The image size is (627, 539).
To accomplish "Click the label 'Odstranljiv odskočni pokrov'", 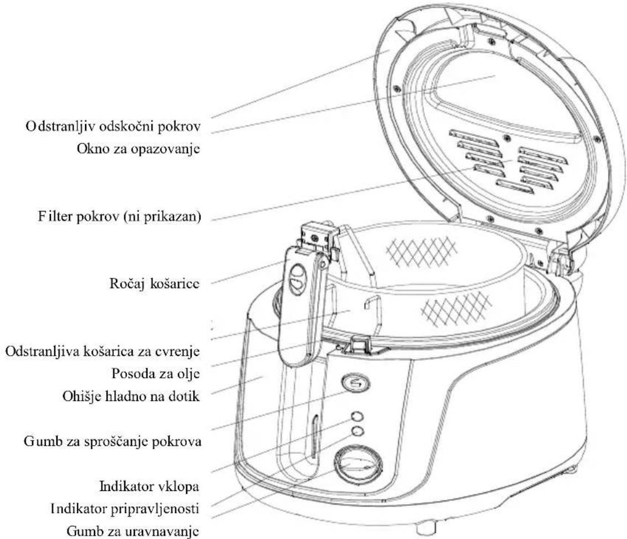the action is (x=113, y=127).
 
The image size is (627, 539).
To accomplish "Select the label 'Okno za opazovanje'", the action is (x=138, y=149).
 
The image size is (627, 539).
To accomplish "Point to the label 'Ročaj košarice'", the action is (x=154, y=284).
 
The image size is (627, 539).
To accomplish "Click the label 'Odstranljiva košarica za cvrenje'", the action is (x=102, y=352).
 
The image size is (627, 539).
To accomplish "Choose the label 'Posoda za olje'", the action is (x=156, y=374).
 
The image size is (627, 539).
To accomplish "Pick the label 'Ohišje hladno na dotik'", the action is (x=131, y=397).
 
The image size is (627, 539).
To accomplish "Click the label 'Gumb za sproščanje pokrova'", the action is (x=112, y=442).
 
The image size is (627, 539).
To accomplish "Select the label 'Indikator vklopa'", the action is (x=149, y=487).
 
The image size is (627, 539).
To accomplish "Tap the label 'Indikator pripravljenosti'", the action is (x=125, y=509).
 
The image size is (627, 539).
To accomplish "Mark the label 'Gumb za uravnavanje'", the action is (x=133, y=531).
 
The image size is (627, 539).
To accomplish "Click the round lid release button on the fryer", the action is (x=356, y=383).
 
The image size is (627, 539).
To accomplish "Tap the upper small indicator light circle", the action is (x=357, y=416).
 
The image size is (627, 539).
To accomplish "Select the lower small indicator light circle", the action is (x=357, y=431).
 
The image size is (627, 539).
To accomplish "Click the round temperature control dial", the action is (x=358, y=464).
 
